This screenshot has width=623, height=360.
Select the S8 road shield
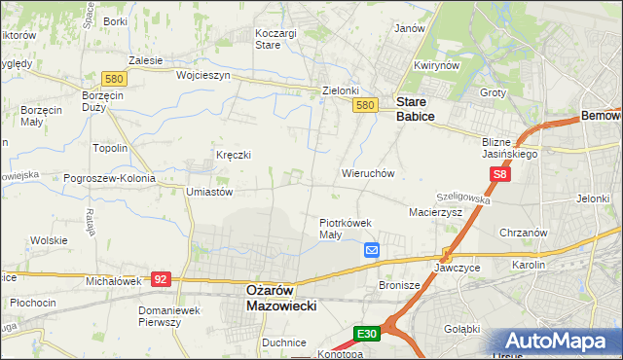(x=499, y=175)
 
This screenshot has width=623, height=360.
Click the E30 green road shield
(x=366, y=334)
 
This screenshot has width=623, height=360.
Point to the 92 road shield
(x=162, y=278)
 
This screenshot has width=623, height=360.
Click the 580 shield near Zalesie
(x=115, y=78)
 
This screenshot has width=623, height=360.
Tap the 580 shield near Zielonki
(x=365, y=105)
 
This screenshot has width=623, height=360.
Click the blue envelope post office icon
(x=372, y=250)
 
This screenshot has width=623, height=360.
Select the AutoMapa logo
(x=561, y=342)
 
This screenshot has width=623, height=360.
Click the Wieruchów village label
(x=367, y=173)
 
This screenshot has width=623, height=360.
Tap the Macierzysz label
(x=435, y=211)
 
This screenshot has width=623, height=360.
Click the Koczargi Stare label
(x=275, y=38)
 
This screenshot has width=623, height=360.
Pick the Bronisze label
(x=398, y=286)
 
